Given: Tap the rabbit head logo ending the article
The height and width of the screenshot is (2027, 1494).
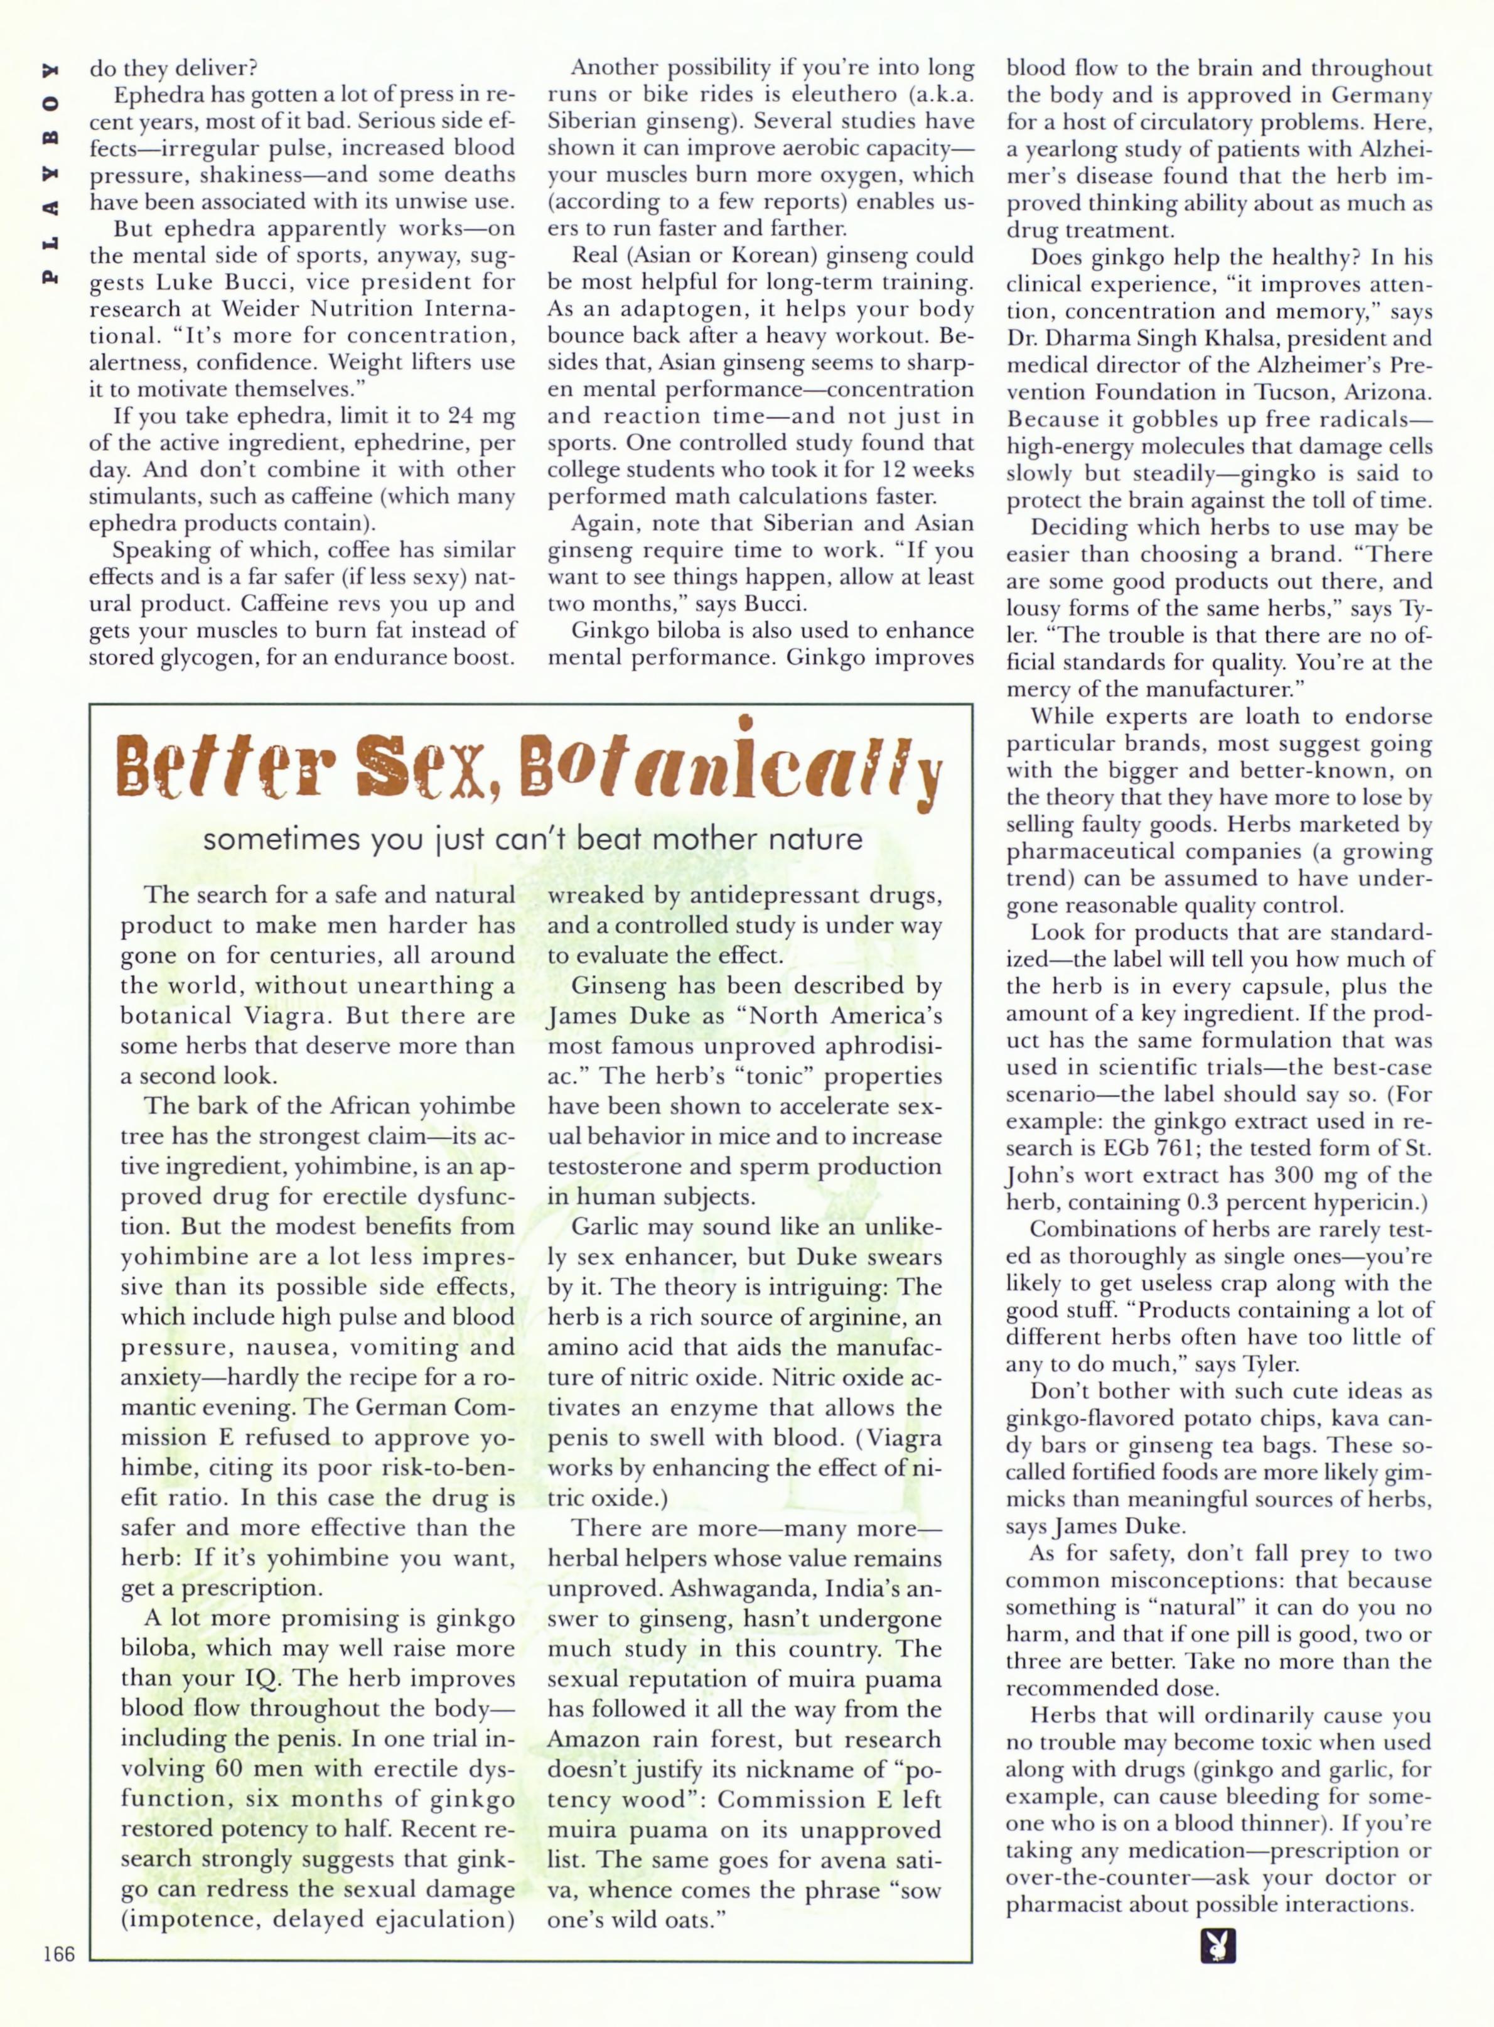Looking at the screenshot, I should pos(1217,1947).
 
